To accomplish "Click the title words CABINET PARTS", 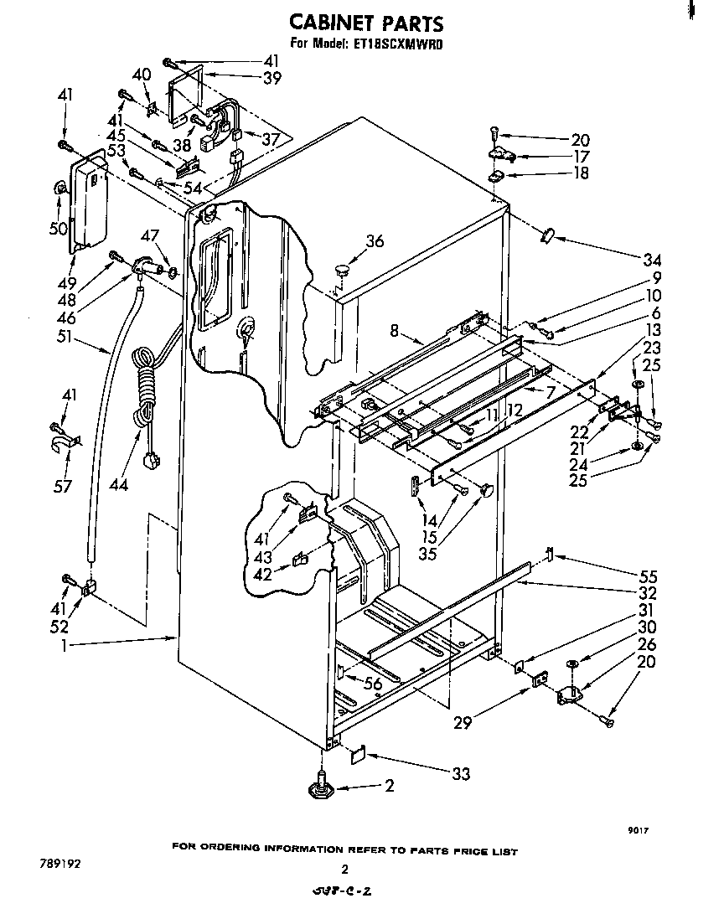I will click(x=366, y=22).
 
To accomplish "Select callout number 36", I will click(x=374, y=241).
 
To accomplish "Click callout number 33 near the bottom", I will click(x=460, y=774).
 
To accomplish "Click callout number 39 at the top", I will click(x=271, y=78).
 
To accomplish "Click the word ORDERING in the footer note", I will click(x=230, y=849).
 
